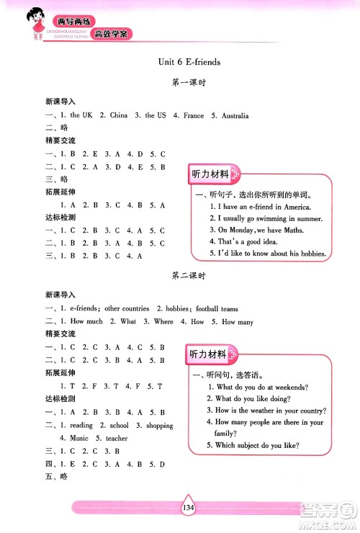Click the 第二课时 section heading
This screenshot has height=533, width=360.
tap(189, 276)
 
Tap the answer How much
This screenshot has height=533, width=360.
tap(86, 321)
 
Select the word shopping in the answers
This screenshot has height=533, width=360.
tap(159, 426)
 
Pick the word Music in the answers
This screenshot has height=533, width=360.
tap(79, 438)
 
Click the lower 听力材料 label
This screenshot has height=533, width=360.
tap(209, 354)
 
